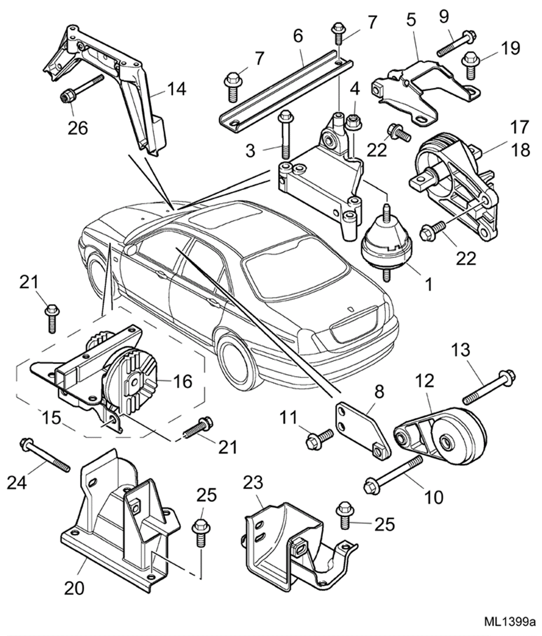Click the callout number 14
[177, 89]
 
